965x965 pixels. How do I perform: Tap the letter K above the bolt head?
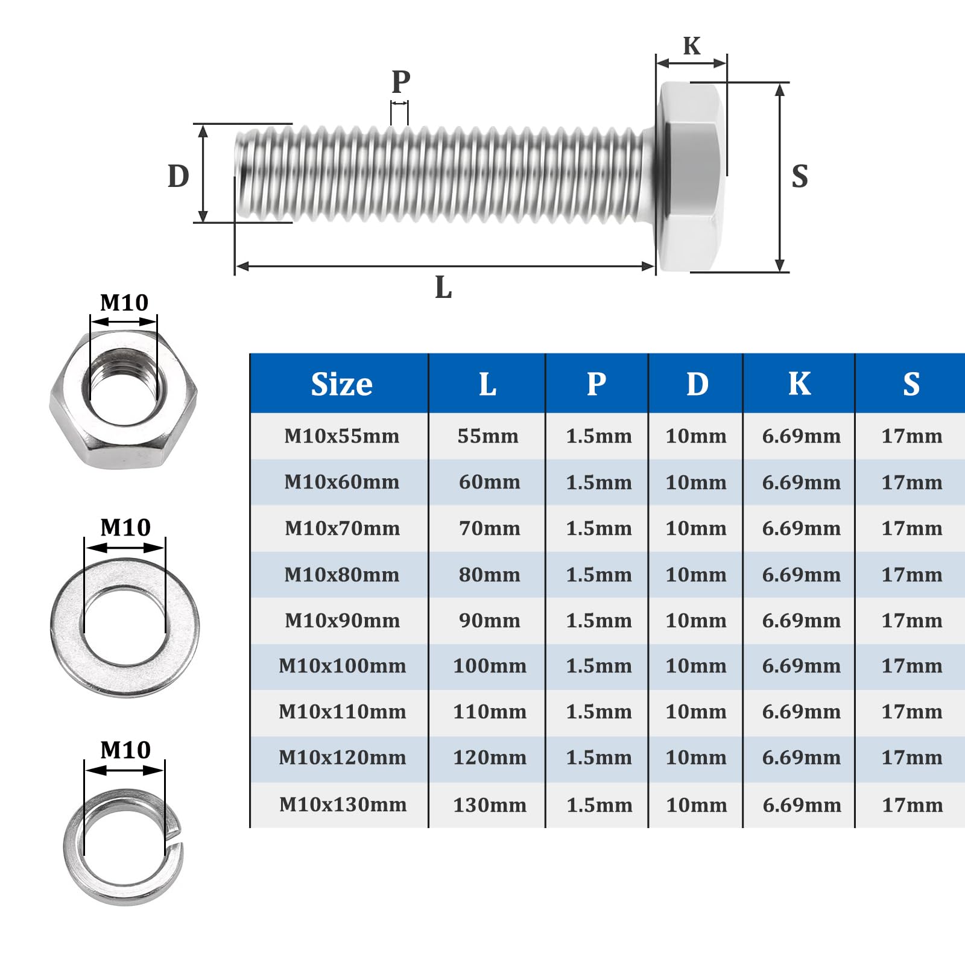pyautogui.click(x=692, y=46)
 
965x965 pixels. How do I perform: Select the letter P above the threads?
pyautogui.click(x=401, y=81)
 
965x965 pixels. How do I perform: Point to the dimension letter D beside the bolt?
pyautogui.click(x=179, y=176)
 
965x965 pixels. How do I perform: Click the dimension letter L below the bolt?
pyautogui.click(x=443, y=287)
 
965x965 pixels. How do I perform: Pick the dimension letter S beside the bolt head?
pyautogui.click(x=800, y=176)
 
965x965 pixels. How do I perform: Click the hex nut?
pyautogui.click(x=123, y=399)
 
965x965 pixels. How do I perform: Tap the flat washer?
pyautogui.click(x=125, y=627)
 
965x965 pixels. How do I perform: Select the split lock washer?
pyautogui.click(x=124, y=847)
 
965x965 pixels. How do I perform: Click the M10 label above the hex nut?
pyautogui.click(x=124, y=302)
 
